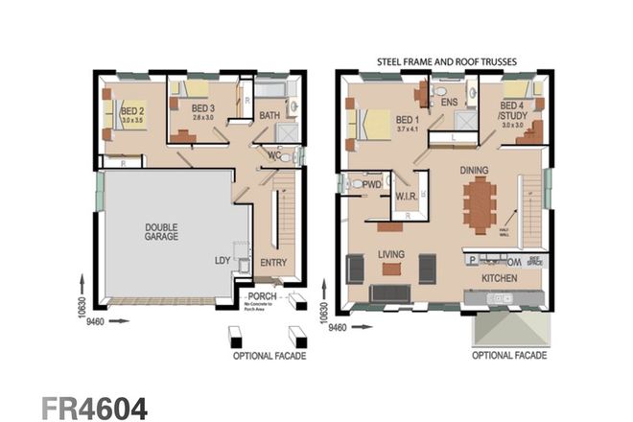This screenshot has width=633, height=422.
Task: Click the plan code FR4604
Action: point(94,408)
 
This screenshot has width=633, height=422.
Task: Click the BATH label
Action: point(270,116)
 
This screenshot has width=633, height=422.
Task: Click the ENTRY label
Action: point(273,261)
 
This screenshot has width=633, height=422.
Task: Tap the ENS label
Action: point(446,101)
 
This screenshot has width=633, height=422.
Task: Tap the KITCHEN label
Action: point(500,277)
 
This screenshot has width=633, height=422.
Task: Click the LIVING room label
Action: point(389,254)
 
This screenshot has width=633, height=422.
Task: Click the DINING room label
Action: point(474,170)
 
